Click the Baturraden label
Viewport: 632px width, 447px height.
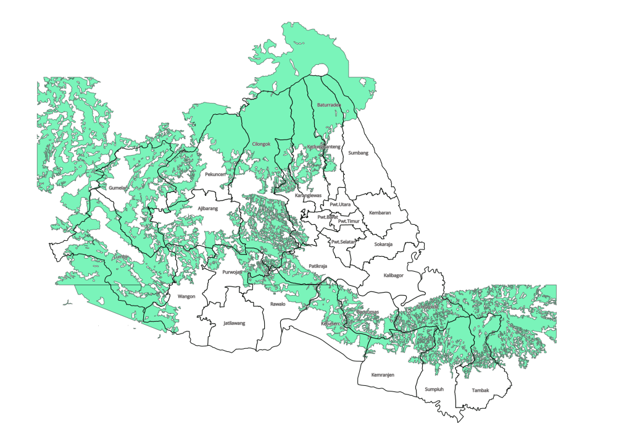click(329, 106)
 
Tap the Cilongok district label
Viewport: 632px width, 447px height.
click(262, 144)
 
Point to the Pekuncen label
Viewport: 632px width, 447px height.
click(216, 175)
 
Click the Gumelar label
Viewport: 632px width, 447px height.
click(117, 188)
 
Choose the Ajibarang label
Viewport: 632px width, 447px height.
click(208, 209)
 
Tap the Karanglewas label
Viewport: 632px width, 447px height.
click(309, 196)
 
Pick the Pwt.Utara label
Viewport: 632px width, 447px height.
click(340, 204)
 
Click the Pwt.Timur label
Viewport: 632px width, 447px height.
click(349, 221)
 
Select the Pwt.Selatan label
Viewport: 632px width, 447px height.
click(344, 241)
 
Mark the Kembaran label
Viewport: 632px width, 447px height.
click(380, 213)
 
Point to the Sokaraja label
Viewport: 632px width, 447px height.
click(383, 244)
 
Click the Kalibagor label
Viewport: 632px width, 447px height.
click(393, 275)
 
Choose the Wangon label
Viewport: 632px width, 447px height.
click(186, 296)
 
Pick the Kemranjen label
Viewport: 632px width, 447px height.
click(383, 374)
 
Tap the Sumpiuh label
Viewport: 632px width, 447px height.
click(433, 390)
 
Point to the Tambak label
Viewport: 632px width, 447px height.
click(480, 390)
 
